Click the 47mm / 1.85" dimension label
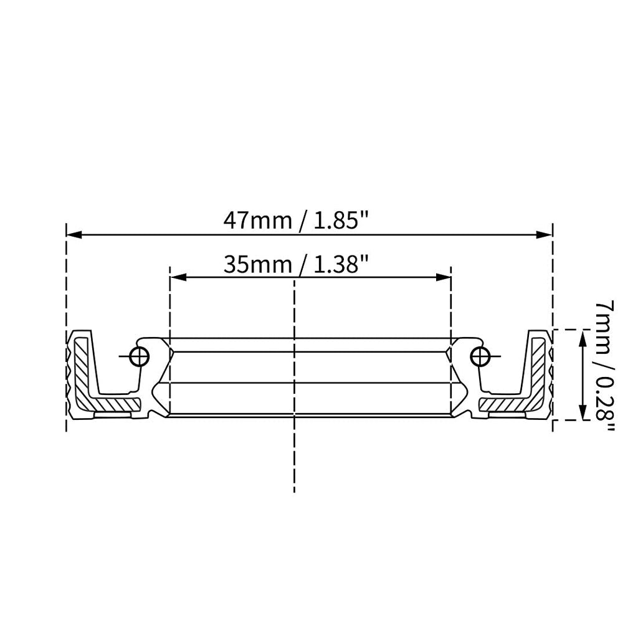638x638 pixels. coord(296,221)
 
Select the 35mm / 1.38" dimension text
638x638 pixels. coord(296,264)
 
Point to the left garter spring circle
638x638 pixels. coord(139,357)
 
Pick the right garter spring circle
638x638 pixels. coord(480,357)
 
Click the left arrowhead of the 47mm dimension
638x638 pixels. coord(74,235)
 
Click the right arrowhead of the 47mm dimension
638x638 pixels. coord(544,235)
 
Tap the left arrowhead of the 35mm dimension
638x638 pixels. coord(178,277)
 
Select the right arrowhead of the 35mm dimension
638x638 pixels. coord(443,277)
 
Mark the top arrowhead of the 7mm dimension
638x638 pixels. coord(583,338)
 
